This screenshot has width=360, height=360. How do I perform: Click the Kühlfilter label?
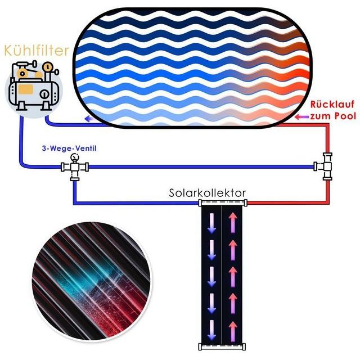(x=37, y=51)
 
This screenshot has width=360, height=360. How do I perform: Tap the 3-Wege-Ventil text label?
(x=69, y=148)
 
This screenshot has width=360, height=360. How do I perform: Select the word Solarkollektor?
(x=208, y=193)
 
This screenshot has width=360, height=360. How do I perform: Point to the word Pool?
(x=345, y=116)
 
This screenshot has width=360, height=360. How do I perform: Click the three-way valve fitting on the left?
(x=75, y=167)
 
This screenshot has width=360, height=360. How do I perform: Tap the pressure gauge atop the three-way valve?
(x=75, y=157)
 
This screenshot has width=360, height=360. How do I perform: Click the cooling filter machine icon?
(x=34, y=87)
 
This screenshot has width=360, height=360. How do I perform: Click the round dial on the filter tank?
(x=44, y=94)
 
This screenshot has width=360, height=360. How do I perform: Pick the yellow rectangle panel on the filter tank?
(x=26, y=89)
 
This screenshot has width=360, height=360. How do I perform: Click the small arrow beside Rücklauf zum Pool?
(x=301, y=117)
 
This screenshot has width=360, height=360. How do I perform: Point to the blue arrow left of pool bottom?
(x=90, y=119)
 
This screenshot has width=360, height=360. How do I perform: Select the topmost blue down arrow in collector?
(x=211, y=223)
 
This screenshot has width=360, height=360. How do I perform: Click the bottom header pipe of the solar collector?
(x=222, y=346)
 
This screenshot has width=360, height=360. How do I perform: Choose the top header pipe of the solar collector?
(x=223, y=202)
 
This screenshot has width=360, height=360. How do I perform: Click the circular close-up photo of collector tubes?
(x=92, y=281)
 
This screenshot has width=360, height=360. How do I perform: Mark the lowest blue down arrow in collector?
(x=211, y=330)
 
